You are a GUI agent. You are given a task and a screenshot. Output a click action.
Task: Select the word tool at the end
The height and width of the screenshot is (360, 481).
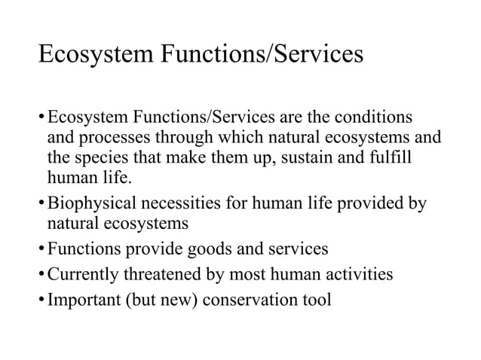click(x=316, y=297)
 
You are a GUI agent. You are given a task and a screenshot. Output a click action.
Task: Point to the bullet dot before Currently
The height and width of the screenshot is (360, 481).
click(x=41, y=275)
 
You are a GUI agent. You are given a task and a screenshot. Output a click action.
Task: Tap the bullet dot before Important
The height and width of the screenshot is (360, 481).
click(x=41, y=298)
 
